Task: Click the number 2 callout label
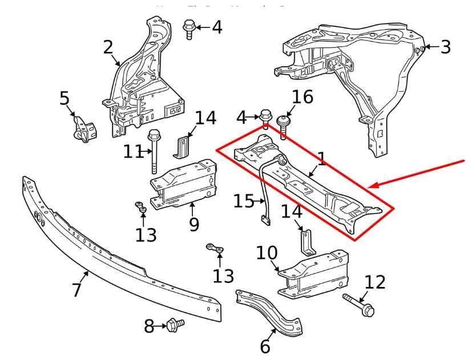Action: coord(108,47)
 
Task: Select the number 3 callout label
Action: coord(445,47)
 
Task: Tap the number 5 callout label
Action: coord(64,99)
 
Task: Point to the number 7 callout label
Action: coord(77,290)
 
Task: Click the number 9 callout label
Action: coord(194,224)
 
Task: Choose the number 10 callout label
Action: coord(267,253)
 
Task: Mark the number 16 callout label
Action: coord(302,98)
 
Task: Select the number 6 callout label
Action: coord(265,346)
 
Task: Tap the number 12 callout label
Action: coord(375,282)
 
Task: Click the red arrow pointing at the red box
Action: coord(419,174)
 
